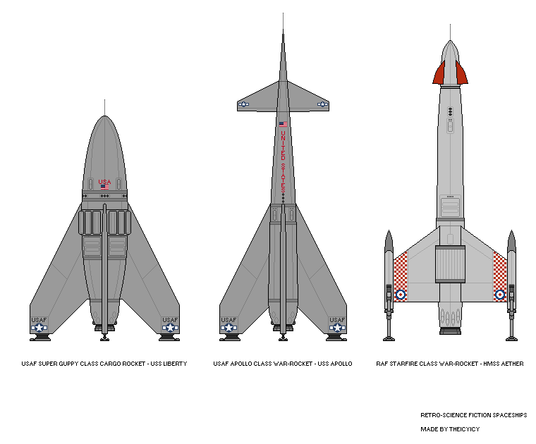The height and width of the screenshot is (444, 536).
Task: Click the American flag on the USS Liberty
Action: point(104,187)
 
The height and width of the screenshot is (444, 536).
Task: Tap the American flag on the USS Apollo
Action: point(283,124)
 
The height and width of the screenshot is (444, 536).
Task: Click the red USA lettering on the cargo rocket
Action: point(104,182)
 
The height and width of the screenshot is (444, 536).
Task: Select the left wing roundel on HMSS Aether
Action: point(401,295)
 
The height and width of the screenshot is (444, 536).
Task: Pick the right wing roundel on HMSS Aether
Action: point(500,295)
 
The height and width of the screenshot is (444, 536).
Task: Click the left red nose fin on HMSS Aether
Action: point(439,73)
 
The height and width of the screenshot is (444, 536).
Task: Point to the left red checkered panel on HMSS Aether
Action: point(401,277)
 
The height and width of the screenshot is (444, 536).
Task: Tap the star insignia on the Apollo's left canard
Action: point(243,104)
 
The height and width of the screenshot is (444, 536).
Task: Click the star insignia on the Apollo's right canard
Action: point(323,104)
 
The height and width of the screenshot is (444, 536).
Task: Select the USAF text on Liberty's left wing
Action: point(39,320)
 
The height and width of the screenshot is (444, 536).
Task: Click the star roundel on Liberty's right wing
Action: point(170,328)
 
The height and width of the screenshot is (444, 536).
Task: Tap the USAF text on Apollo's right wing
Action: point(337,320)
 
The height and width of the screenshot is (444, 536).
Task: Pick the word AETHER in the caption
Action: point(512,364)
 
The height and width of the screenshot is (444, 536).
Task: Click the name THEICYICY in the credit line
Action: point(465,429)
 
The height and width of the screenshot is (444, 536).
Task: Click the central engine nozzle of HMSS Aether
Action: point(450,331)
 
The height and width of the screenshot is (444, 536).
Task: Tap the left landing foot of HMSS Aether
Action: point(389,339)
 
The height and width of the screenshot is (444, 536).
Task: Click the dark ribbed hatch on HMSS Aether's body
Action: point(450,264)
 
